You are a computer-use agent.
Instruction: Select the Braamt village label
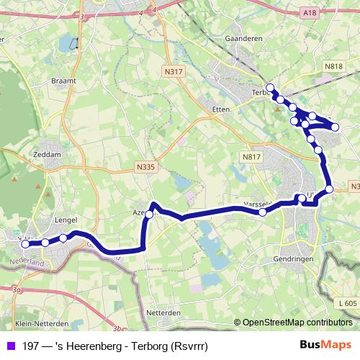[x=63, y=81]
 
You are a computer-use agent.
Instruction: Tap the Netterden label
[x=163, y=313]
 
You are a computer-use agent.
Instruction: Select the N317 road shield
[x=174, y=71]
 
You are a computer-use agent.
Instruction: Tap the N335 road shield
[x=145, y=166]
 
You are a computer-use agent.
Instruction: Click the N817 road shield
[x=251, y=157]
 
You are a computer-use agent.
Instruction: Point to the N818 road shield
[x=333, y=66]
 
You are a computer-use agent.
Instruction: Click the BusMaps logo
[x=325, y=346]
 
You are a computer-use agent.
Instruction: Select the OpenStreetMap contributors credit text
[x=297, y=323]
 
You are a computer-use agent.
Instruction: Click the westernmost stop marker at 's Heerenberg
[x=26, y=244]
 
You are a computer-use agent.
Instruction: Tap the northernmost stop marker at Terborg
[x=269, y=87]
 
